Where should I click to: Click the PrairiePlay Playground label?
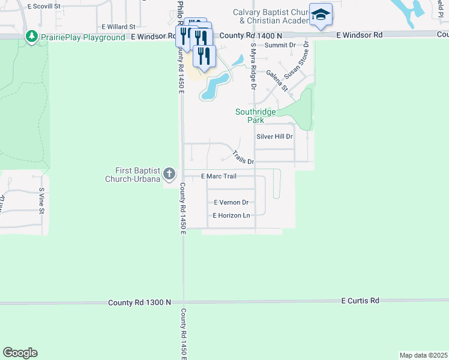(x=83, y=37)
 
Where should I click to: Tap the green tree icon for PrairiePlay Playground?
(x=32, y=37)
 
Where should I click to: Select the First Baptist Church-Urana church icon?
(x=169, y=175)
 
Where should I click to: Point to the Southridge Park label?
(x=256, y=116)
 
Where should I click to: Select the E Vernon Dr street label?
(x=231, y=203)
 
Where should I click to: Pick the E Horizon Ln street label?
(x=231, y=215)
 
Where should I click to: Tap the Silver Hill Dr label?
(x=274, y=137)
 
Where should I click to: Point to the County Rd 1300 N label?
(x=140, y=303)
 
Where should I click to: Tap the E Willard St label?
(x=118, y=27)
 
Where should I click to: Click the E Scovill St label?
(x=44, y=5)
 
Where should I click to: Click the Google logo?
(x=20, y=353)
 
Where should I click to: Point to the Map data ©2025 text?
(x=423, y=355)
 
